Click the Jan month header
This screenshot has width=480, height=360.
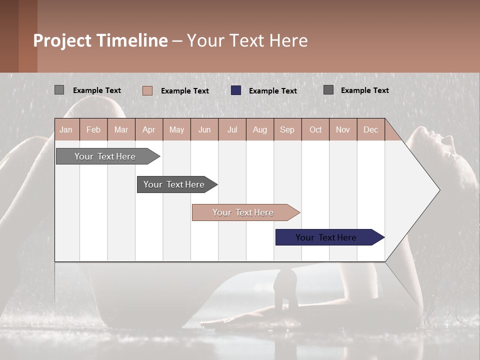pos(66,129)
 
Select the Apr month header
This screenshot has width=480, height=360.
pos(148,129)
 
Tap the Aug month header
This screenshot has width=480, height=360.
pos(259,129)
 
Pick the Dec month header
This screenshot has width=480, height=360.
pos(370,129)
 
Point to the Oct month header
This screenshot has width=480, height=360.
pos(315,129)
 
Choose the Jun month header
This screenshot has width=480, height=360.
pos(204,129)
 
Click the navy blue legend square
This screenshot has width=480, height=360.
pos(236,90)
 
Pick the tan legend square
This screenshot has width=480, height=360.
pos(147,90)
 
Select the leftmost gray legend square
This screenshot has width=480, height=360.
pos(59,90)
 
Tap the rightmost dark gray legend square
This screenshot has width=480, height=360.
pos(328,90)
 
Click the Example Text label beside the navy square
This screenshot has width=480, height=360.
pos(273,91)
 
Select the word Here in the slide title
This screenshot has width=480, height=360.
pos(288,40)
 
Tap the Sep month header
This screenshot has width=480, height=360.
pos(287,129)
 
